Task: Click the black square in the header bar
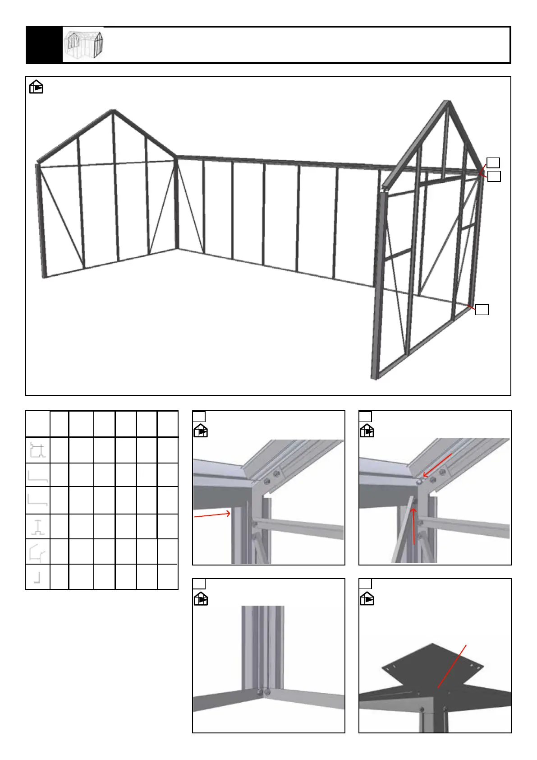coord(44,45)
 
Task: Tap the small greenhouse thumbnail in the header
coord(83,45)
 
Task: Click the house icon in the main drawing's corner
coord(36,87)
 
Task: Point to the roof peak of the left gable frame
coord(113,111)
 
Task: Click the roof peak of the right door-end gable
coord(447,102)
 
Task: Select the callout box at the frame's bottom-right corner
coord(482,310)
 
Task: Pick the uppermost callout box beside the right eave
coord(493,162)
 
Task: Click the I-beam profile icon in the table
coord(38,527)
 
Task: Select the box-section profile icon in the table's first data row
coord(37,450)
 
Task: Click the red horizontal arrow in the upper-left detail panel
coord(212,515)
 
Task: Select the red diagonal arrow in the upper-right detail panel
coord(437,465)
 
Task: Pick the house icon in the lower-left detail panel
coord(201,599)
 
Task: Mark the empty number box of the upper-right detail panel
coord(366,417)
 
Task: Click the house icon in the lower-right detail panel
coord(367,599)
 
